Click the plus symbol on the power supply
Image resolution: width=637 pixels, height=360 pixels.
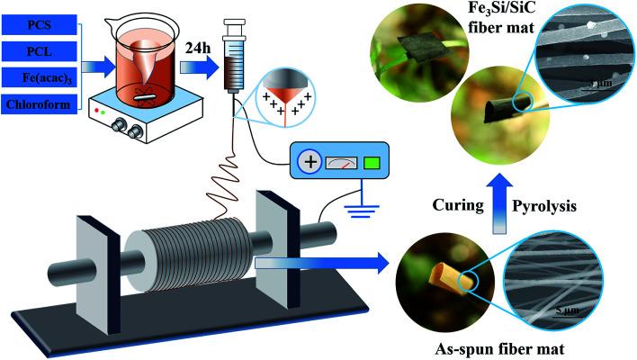[x=310, y=164]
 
